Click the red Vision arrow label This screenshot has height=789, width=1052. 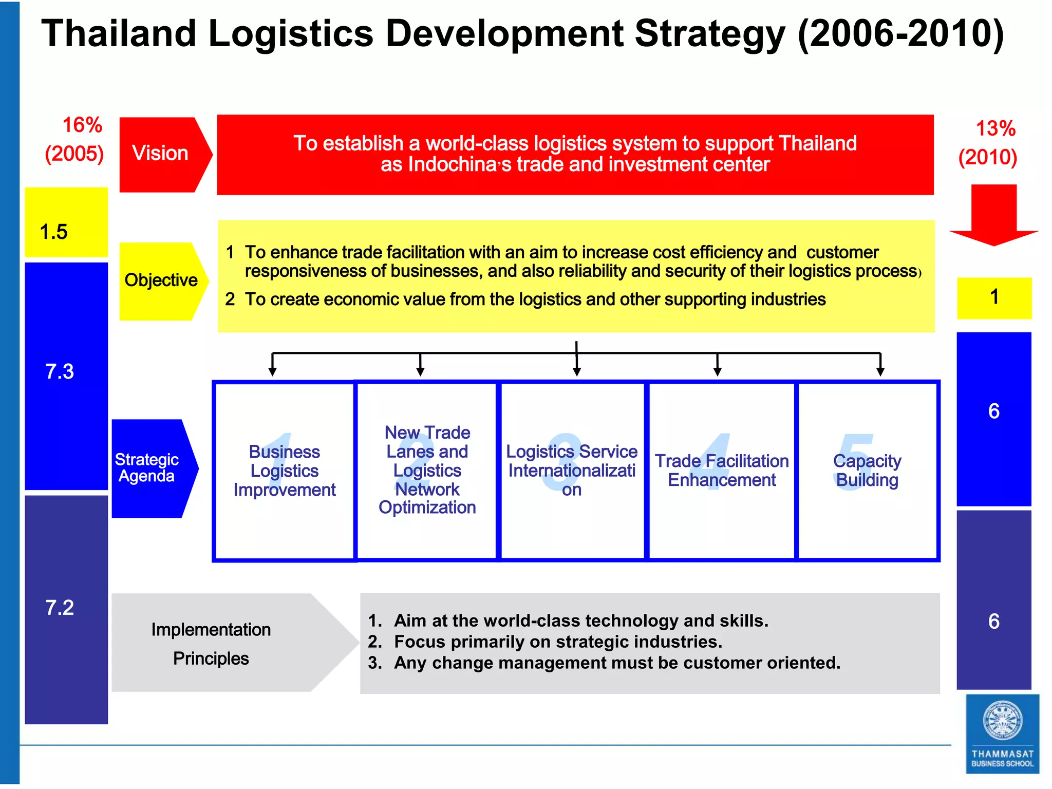(160, 154)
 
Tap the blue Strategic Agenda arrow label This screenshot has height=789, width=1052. (149, 468)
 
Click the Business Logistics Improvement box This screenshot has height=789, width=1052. (284, 471)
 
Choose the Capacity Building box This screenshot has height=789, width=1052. (867, 471)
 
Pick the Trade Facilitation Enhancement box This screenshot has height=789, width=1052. (721, 471)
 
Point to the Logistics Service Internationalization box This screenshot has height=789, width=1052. (572, 471)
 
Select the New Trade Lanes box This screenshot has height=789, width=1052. (427, 471)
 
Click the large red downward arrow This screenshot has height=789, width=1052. (994, 216)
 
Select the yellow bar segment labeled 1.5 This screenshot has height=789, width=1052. (66, 222)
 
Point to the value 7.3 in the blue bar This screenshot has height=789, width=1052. (60, 371)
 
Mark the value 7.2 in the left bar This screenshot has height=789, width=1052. (60, 608)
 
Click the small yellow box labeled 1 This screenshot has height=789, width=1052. (994, 298)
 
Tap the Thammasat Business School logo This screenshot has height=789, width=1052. (1002, 734)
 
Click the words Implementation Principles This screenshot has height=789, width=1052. (211, 644)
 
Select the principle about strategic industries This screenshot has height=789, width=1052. (557, 642)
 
